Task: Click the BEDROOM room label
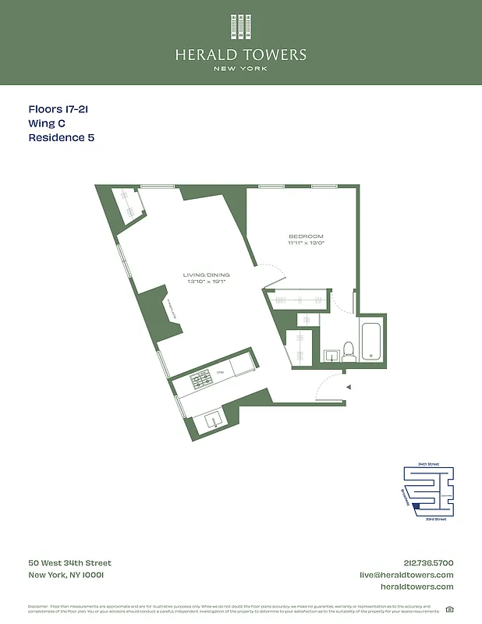point(306,236)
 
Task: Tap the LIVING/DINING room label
point(207,275)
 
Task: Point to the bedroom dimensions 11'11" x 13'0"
point(306,243)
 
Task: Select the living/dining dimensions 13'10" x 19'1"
point(207,282)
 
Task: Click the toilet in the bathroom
point(349,352)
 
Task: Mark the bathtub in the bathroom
point(371,341)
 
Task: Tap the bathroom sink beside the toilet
point(330,355)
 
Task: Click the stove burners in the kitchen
point(201,379)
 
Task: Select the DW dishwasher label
point(221,373)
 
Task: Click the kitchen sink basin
point(213,421)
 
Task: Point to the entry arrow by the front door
point(349,387)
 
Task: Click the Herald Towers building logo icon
point(240,27)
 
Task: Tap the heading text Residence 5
point(62,138)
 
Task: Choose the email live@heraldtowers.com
point(406,575)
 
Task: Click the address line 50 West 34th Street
point(69,563)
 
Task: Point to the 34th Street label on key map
point(428,464)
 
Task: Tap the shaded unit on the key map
point(416,506)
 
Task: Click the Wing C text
point(47,124)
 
